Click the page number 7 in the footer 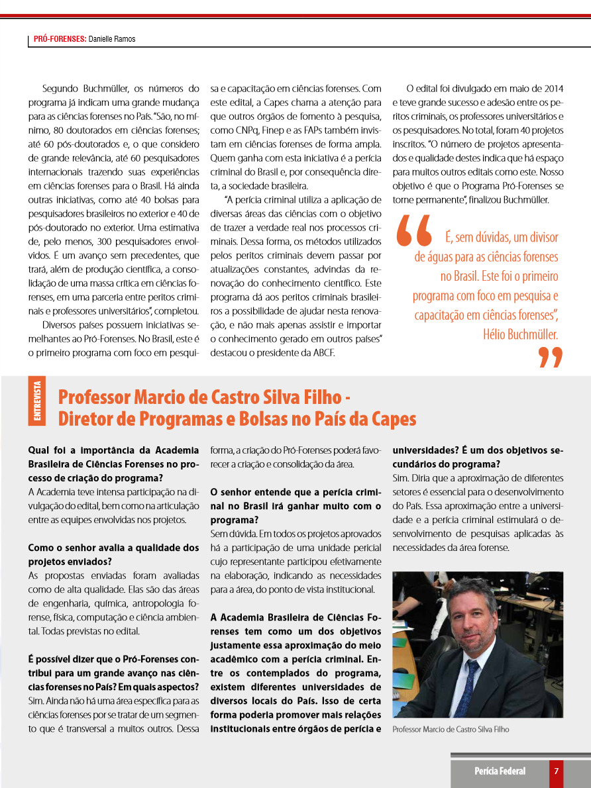(x=557, y=771)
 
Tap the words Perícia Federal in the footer (x=500, y=771)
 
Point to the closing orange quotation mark (x=550, y=358)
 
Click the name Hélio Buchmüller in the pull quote (x=521, y=334)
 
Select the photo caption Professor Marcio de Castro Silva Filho (x=451, y=729)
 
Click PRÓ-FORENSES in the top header (x=60, y=39)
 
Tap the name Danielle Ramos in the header (x=112, y=39)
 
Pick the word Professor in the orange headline (x=93, y=397)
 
